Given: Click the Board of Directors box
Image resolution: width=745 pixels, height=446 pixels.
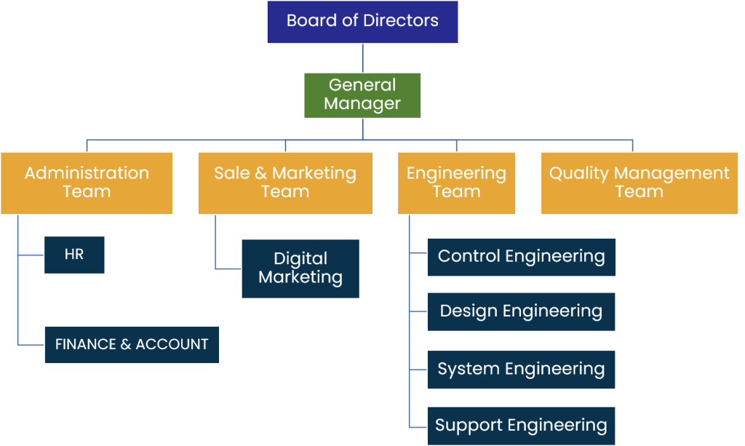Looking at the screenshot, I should (362, 22).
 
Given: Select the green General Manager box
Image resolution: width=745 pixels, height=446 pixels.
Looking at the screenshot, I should (362, 95).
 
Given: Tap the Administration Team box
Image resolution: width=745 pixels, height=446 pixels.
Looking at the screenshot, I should (87, 183).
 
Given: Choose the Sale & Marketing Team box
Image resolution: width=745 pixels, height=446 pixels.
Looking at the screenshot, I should (285, 183).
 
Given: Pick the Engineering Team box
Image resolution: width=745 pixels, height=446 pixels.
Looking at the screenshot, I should (456, 183).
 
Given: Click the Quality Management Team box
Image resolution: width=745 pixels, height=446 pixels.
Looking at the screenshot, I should (639, 183).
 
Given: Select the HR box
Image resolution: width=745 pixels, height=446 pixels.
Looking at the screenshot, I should (74, 255).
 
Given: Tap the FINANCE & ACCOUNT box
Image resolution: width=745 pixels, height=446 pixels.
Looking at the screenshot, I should (132, 345).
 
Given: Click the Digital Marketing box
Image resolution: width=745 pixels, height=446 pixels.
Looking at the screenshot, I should (300, 268).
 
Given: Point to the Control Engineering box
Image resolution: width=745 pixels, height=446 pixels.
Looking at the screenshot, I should (521, 257).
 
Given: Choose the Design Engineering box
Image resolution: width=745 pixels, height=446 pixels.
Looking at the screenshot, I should (521, 312).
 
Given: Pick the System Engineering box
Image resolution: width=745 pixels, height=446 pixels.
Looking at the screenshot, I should (521, 369).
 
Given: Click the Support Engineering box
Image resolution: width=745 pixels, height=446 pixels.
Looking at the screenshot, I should (521, 426).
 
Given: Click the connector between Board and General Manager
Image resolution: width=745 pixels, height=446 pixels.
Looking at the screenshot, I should (362, 58).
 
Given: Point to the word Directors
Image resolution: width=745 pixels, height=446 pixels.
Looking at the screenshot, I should (403, 20).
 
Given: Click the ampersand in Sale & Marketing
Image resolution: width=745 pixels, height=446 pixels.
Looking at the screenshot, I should (260, 173).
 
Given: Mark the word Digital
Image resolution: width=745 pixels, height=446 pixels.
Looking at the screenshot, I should (300, 259).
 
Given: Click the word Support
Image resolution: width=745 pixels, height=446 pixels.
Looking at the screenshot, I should (467, 426).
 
